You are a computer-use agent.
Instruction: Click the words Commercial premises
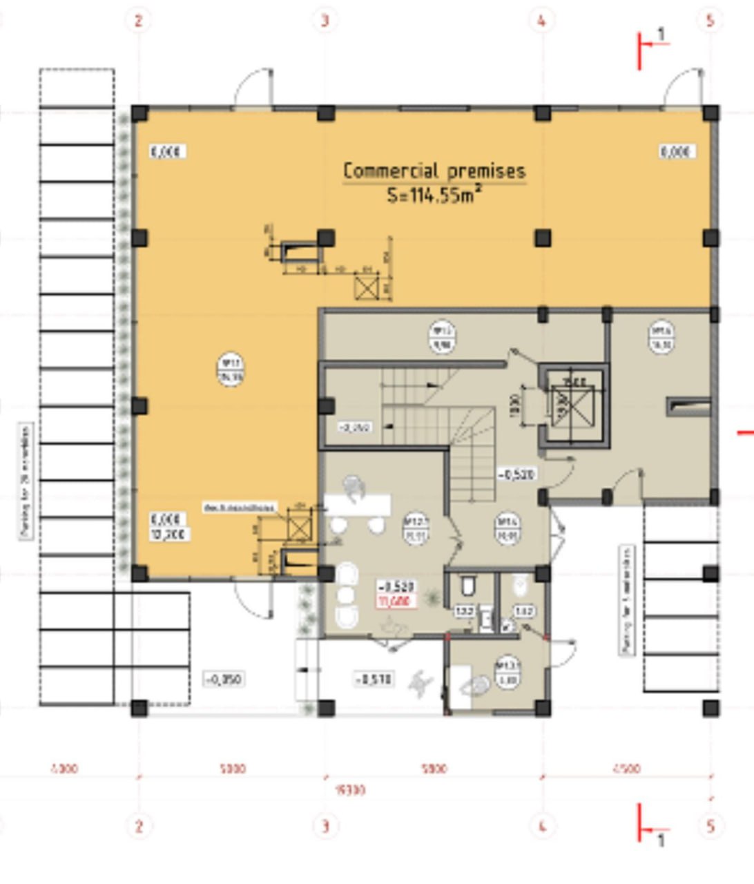[x=434, y=171]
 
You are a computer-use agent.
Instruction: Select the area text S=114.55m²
[x=434, y=195]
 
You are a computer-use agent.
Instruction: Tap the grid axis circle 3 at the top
[x=325, y=20]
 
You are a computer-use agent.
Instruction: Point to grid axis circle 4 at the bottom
[x=542, y=825]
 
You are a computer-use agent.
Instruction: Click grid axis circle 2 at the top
[x=138, y=20]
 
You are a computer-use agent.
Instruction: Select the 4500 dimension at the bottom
[x=626, y=768]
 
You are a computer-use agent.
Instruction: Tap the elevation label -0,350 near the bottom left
[x=224, y=680]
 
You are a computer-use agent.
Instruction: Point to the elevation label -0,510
[x=374, y=680]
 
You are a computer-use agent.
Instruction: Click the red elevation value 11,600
[x=395, y=602]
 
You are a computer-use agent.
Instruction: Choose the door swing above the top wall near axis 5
[x=684, y=88]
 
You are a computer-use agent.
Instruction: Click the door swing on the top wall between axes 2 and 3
[x=253, y=88]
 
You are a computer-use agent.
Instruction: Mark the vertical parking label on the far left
[x=26, y=482]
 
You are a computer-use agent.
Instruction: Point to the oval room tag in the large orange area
[x=230, y=369]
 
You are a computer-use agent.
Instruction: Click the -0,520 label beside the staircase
[x=517, y=475]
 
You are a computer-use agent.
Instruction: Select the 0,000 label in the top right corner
[x=676, y=152]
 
